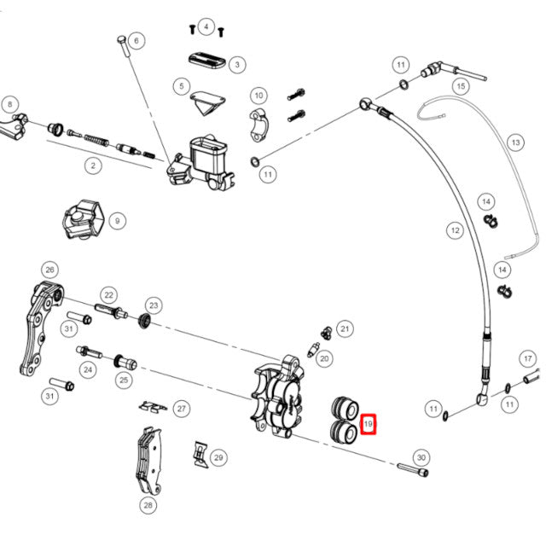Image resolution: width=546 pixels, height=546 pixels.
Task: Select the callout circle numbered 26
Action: pos(49,270)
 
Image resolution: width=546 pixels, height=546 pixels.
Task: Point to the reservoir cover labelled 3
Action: pos(205,62)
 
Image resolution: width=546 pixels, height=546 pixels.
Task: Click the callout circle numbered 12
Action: pos(455,229)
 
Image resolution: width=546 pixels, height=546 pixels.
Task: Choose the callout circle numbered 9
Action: pos(117,220)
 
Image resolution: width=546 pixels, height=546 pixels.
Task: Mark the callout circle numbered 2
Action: pos(92,166)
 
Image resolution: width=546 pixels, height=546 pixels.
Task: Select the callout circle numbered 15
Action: pos(461,86)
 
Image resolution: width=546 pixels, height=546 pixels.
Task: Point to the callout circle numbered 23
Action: pos(154,305)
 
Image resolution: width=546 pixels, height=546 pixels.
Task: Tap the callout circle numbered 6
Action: pos(138,39)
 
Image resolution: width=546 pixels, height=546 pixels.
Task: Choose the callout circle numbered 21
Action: pos(345,328)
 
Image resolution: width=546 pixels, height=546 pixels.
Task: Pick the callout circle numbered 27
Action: pos(180,409)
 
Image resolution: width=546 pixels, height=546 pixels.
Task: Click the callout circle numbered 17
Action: pos(528,359)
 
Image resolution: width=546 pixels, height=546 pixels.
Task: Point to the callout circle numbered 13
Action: pos(515,142)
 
